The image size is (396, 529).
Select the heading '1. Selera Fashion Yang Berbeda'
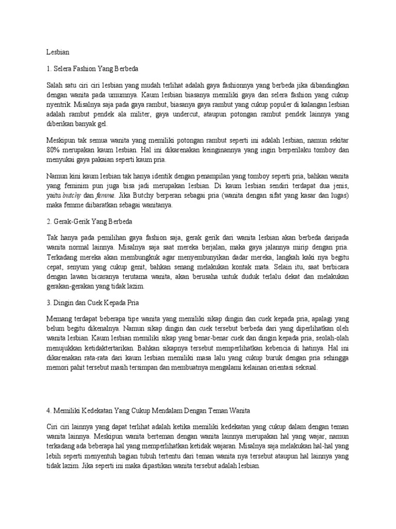(x=93, y=68)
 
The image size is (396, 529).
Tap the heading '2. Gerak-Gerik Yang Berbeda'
(x=90, y=222)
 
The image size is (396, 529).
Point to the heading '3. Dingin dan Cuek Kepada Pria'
(x=93, y=302)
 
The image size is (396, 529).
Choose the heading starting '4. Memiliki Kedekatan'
(x=148, y=411)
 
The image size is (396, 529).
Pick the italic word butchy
(x=71, y=196)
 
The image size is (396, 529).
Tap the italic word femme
(x=105, y=196)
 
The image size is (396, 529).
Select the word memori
(x=57, y=368)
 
